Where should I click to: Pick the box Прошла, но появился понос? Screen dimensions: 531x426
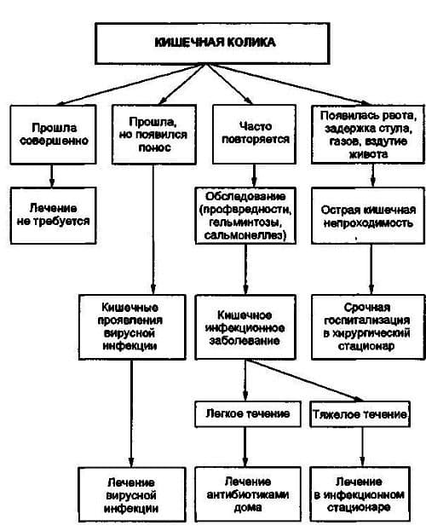click(x=152, y=132)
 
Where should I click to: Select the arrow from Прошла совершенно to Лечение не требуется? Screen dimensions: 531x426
click(x=53, y=174)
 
